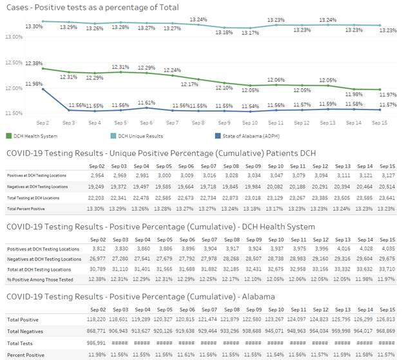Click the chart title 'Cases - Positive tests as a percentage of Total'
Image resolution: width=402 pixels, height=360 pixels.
[92, 7]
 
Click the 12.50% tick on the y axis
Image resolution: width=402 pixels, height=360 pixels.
[14, 63]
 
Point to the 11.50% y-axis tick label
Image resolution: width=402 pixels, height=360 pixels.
[14, 113]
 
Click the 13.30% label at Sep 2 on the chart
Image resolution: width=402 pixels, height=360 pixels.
[33, 26]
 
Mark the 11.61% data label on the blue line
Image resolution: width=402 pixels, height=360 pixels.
[146, 102]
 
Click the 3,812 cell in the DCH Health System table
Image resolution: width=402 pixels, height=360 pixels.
[95, 248]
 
